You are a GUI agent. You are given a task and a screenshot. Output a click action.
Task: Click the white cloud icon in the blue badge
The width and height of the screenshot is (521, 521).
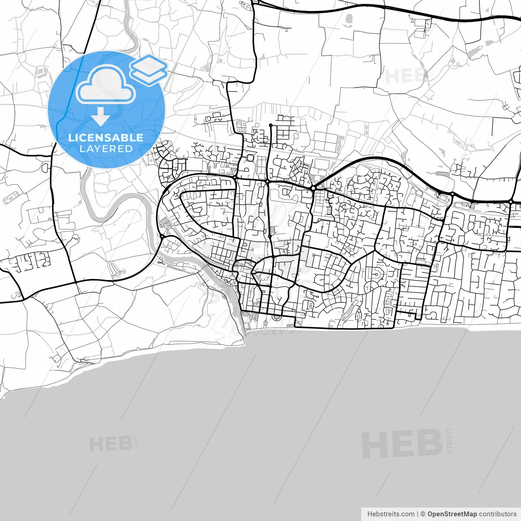106,84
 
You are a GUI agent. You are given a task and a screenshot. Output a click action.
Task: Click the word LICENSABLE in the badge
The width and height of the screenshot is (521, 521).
106,138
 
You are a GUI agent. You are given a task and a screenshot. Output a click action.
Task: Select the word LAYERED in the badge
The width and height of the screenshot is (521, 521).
106,149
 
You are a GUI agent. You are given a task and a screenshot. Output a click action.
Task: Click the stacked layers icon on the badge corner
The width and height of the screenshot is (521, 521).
149,69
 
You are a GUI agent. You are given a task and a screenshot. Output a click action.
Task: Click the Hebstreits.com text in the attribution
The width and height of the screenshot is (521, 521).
391,514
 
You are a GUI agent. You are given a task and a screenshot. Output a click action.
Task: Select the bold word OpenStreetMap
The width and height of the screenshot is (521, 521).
452,514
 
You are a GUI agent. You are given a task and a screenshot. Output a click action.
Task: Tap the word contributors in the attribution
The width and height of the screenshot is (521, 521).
497,514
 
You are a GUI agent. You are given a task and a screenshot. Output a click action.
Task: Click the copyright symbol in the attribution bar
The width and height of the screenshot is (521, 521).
423,514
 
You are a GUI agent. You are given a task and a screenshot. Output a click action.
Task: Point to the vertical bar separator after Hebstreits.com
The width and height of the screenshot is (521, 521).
418,514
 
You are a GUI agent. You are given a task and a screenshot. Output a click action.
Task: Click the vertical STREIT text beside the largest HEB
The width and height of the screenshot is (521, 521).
449,440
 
